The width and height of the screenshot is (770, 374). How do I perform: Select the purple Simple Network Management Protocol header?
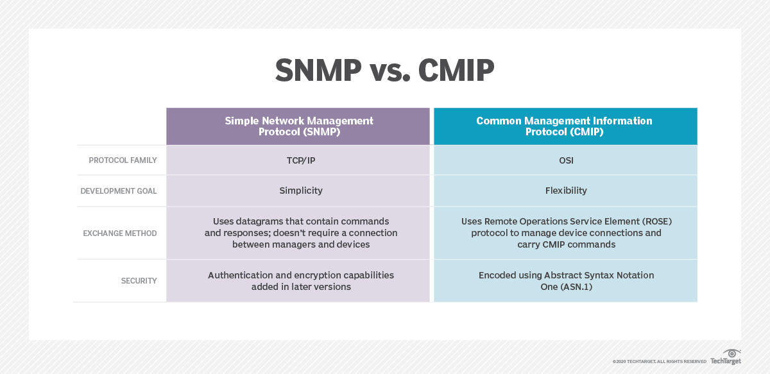(298, 126)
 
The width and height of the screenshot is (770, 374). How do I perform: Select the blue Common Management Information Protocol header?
(565, 126)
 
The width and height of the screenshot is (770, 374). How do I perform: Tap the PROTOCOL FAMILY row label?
(123, 160)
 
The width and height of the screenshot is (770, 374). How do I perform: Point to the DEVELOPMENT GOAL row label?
(119, 191)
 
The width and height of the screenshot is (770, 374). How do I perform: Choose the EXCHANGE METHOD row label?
(120, 234)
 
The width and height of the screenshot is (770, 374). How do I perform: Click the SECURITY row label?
(139, 281)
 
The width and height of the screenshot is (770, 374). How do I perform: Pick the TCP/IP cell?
(298, 160)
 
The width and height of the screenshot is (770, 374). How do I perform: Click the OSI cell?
(565, 160)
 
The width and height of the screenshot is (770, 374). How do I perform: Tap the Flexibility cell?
(565, 191)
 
